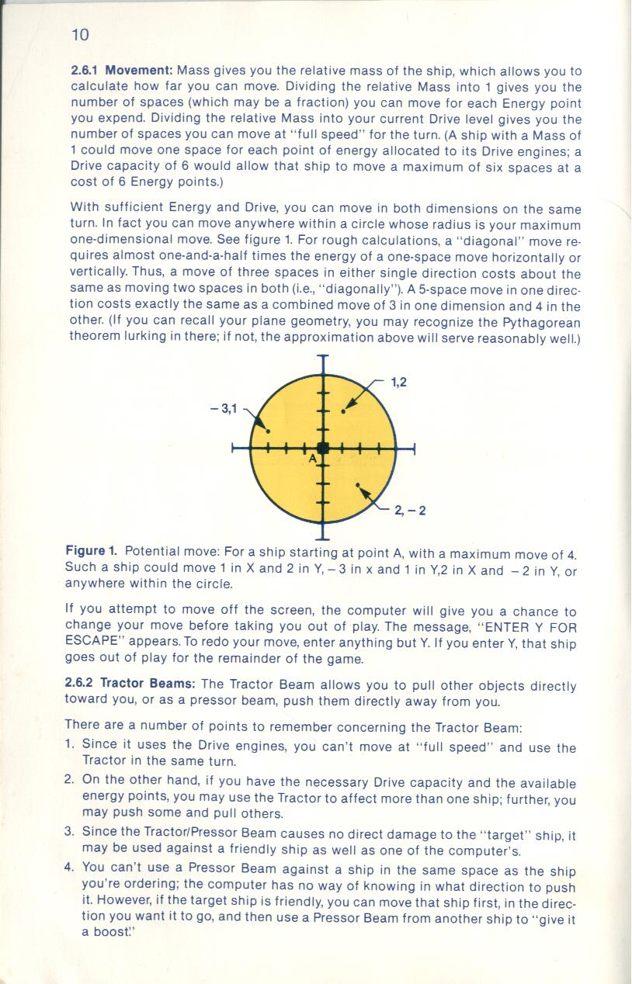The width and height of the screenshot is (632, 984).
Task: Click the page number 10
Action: tap(80, 34)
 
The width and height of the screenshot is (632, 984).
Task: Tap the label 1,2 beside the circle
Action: tap(398, 381)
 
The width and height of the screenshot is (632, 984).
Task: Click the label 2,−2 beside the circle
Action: tap(410, 510)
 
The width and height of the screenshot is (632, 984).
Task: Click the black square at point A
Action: tap(324, 448)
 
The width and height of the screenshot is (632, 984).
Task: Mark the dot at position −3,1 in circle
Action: tap(269, 431)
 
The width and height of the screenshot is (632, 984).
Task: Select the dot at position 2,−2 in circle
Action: tap(358, 486)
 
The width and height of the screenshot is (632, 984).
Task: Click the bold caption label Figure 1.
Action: tap(91, 551)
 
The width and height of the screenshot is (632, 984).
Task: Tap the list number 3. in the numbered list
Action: tap(70, 831)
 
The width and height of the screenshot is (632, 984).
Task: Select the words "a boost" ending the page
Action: tap(105, 932)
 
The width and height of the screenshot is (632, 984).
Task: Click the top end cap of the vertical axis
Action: tap(323, 357)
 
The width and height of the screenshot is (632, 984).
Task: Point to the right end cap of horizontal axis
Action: tap(415, 449)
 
